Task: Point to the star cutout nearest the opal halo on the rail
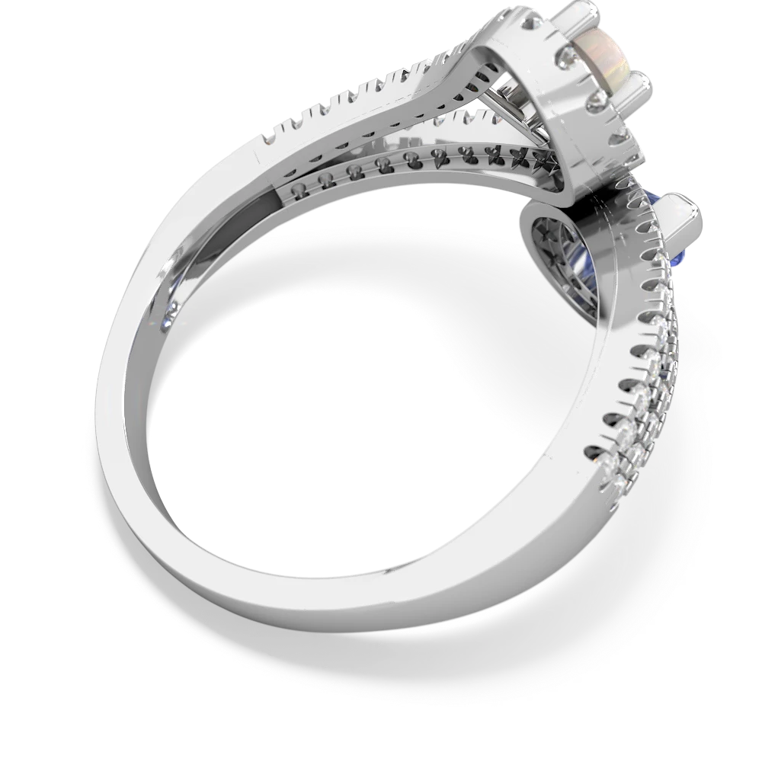[545, 161]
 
